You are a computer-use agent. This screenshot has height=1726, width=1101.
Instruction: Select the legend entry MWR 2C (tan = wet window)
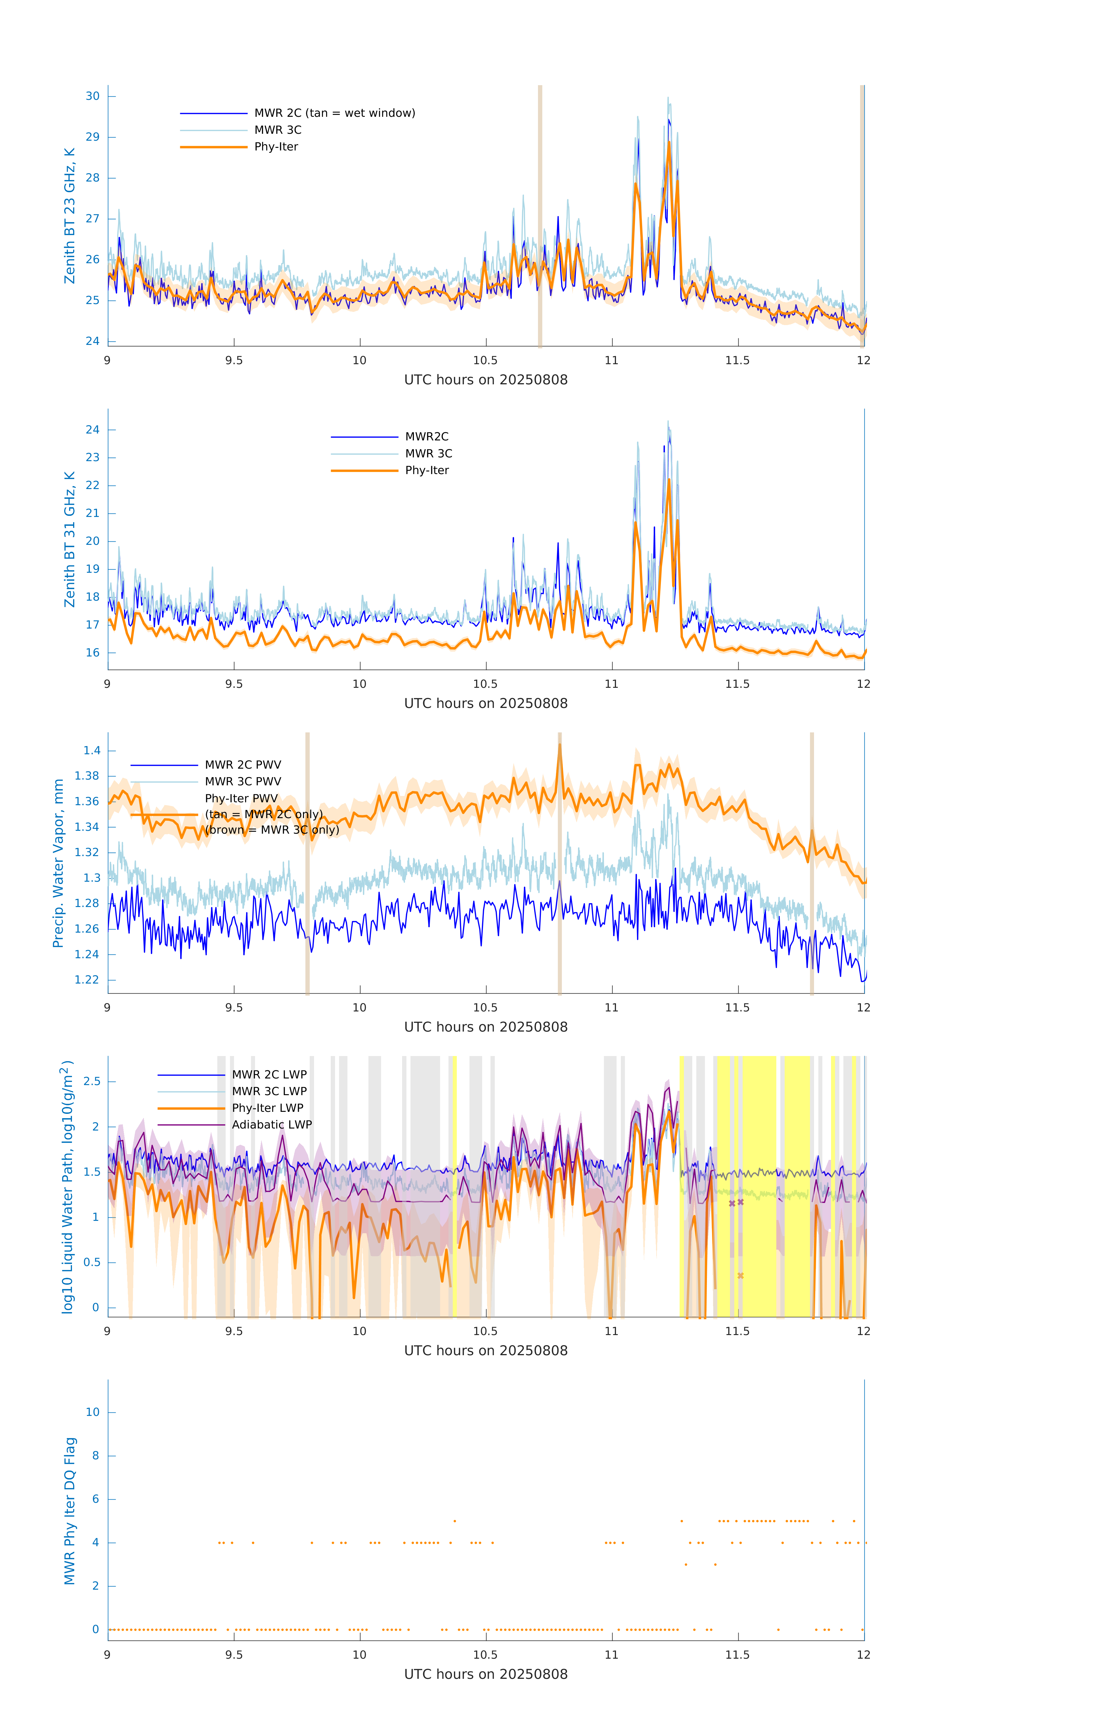click(x=334, y=113)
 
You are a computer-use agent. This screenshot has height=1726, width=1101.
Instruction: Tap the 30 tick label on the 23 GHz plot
click(x=92, y=96)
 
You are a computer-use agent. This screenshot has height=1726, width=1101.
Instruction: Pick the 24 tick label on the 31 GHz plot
click(x=92, y=430)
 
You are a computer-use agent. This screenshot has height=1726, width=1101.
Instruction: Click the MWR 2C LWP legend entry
click(x=269, y=1074)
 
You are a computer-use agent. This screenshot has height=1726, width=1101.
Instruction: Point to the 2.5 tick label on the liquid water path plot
click(x=92, y=1082)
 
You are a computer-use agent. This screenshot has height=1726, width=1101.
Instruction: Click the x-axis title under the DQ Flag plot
click(x=486, y=1675)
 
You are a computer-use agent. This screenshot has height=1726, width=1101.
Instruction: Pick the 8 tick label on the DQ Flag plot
click(x=95, y=1456)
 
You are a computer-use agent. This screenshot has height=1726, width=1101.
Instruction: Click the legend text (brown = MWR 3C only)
click(x=272, y=830)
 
